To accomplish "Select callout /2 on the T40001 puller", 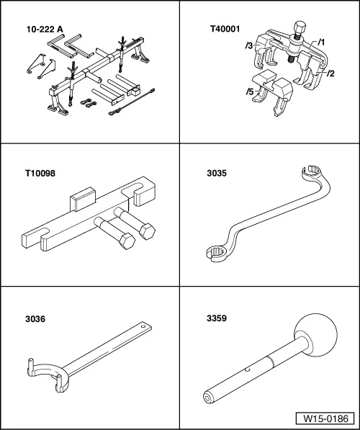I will [x=330, y=73].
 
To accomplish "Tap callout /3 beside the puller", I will [x=248, y=45].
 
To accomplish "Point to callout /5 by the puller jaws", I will [x=248, y=92].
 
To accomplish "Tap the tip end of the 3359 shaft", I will [x=210, y=397].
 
